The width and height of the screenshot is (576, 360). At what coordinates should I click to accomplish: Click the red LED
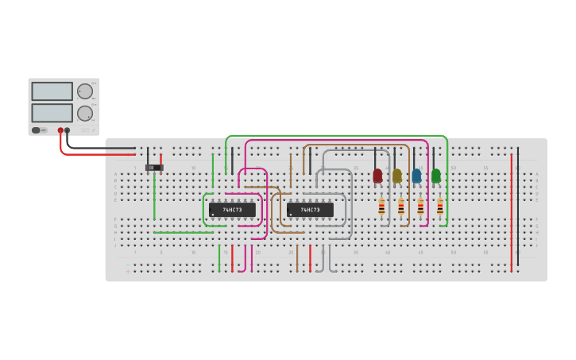[x=377, y=176]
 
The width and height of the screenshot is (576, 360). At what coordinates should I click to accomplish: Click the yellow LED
[x=397, y=176]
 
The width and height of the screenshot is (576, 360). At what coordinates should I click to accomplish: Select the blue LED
[x=416, y=176]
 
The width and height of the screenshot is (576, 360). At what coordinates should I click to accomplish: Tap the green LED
[x=436, y=176]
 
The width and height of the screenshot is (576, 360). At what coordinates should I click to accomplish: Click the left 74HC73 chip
[x=232, y=210]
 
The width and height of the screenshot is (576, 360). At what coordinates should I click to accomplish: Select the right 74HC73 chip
[x=310, y=210]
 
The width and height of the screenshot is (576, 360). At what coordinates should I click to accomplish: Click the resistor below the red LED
[x=381, y=207]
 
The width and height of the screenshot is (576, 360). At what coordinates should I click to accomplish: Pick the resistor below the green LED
[x=440, y=207]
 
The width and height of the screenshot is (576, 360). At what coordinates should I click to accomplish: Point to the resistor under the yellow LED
[x=401, y=207]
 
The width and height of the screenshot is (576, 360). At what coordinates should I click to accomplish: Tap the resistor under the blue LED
[x=420, y=207]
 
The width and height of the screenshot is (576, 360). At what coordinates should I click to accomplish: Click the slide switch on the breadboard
[x=154, y=168]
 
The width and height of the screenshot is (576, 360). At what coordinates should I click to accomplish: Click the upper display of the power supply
[x=52, y=91]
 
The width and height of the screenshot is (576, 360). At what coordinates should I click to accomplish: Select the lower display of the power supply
[x=52, y=112]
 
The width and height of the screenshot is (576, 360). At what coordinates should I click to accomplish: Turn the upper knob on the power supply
[x=84, y=91]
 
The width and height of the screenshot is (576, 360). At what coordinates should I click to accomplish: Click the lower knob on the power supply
[x=84, y=113]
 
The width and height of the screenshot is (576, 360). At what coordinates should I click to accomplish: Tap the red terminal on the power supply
[x=60, y=130]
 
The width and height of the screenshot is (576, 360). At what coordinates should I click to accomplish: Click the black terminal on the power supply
[x=68, y=130]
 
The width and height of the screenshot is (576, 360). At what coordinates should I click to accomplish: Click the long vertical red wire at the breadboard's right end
[x=512, y=211]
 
